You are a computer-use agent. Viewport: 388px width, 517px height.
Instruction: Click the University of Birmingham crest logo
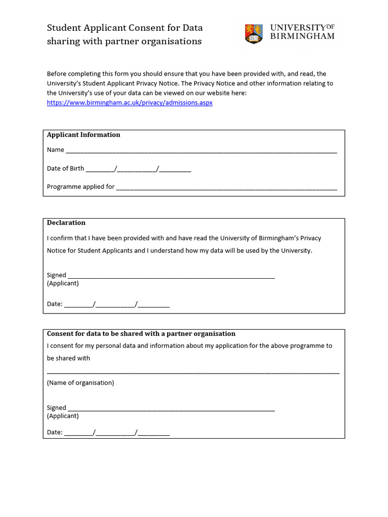click(254, 33)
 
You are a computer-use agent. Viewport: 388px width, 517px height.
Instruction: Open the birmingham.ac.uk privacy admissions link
click(130, 102)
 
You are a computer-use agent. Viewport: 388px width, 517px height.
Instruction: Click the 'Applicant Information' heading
click(83, 135)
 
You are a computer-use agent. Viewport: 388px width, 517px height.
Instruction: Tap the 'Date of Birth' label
click(66, 169)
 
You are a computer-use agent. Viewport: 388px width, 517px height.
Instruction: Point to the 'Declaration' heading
click(66, 223)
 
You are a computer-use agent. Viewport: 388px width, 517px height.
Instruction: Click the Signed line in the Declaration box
click(171, 277)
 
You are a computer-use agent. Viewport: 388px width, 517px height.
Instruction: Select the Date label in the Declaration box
click(55, 304)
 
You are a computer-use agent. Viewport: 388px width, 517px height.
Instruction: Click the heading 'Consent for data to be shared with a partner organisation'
click(141, 334)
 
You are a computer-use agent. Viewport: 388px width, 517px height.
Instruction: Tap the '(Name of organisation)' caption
click(80, 383)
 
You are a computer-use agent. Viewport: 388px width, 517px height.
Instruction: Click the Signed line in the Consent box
click(171, 409)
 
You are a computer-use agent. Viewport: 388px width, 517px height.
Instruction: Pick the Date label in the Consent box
click(55, 432)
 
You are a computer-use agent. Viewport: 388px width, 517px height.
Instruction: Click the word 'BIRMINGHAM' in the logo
click(302, 36)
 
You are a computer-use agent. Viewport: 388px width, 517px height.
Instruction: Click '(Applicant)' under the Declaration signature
click(63, 283)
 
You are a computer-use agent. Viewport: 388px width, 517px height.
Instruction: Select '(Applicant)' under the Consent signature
click(63, 416)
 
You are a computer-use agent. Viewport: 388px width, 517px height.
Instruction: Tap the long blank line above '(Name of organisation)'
click(193, 373)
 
